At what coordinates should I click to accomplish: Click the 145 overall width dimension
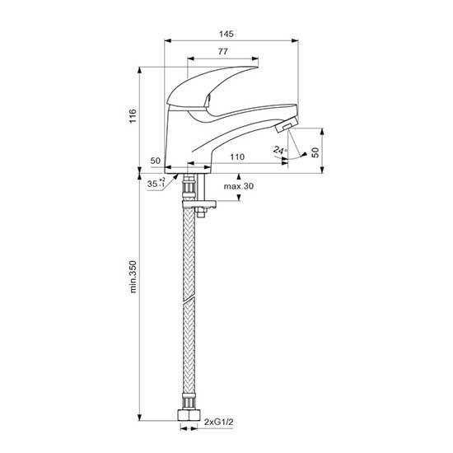coord(226,34)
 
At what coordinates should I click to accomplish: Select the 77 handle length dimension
coord(222,52)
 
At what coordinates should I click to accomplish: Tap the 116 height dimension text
coord(133,115)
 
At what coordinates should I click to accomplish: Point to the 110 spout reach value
coord(237,156)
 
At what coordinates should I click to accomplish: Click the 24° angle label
coord(280,150)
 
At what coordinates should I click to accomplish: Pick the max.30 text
coord(239,186)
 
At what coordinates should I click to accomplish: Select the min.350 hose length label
coord(133,277)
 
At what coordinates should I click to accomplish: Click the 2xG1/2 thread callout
coord(219,422)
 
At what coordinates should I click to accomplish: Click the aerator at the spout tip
coord(287,125)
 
